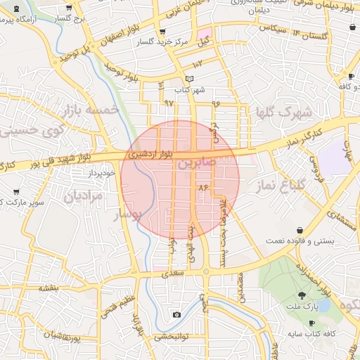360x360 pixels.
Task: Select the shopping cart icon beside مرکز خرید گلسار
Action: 162,32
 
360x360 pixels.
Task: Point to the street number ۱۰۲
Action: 197,64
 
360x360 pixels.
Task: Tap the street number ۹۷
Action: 169,103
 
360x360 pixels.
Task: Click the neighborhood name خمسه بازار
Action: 88,110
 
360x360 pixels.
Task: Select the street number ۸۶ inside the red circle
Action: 204,188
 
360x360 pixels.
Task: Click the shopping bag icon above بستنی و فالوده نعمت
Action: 301,230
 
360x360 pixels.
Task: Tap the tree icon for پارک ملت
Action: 302,295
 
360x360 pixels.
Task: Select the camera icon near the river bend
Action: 176,314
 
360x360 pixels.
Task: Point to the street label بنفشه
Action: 47,288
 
